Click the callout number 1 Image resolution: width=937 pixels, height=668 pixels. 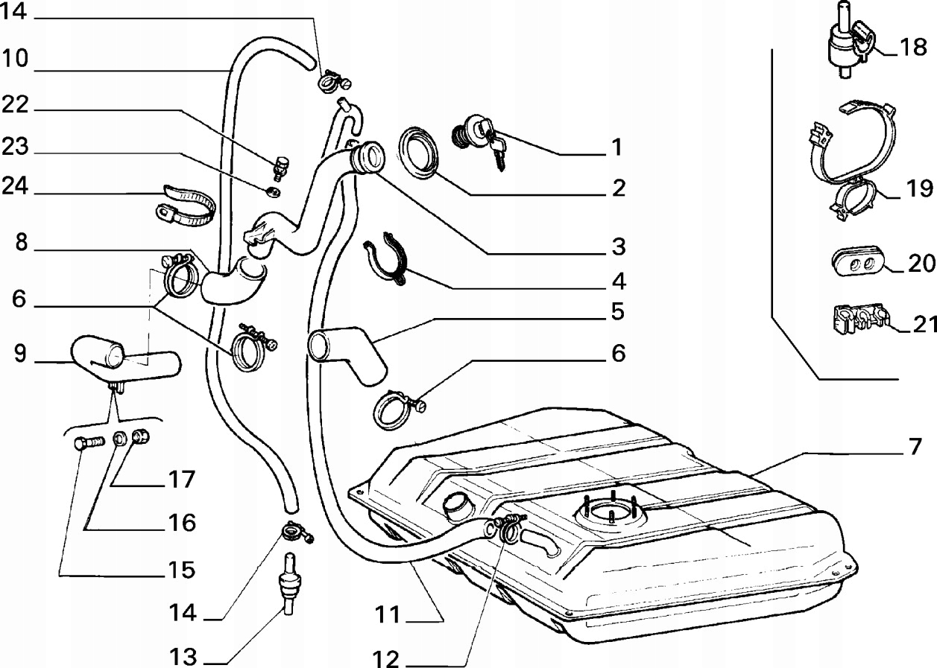[x=616, y=147]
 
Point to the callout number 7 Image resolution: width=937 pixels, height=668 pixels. [x=915, y=448]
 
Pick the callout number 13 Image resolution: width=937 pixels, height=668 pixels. [x=182, y=657]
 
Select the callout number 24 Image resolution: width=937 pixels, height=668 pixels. [x=14, y=186]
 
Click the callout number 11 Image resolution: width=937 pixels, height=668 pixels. [x=388, y=616]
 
